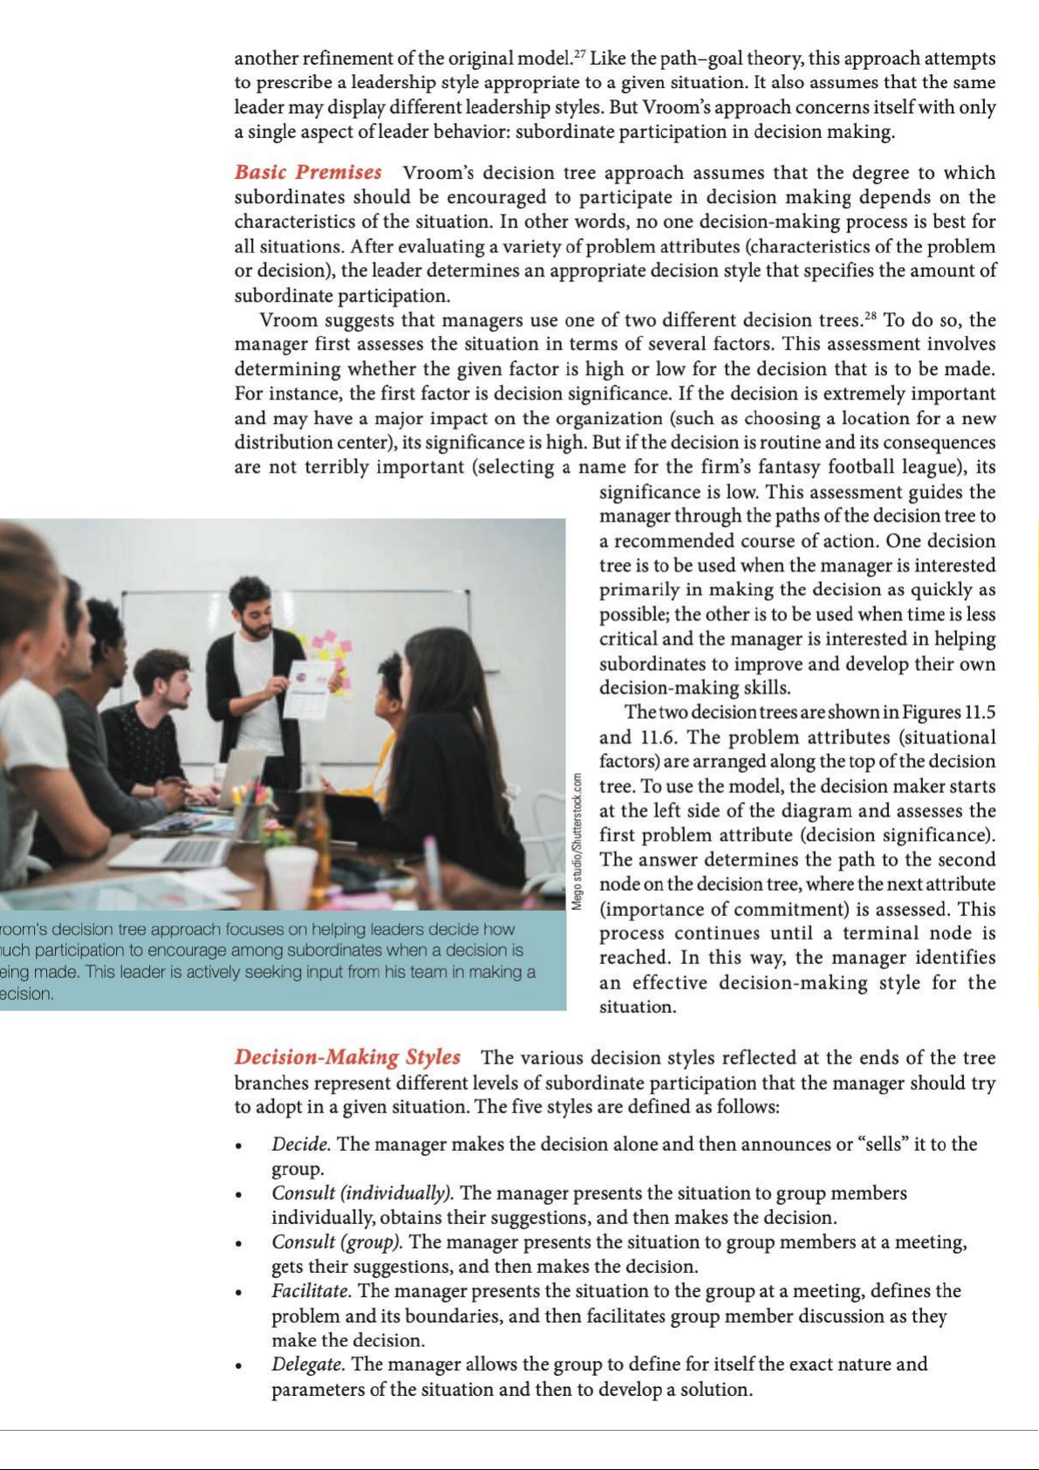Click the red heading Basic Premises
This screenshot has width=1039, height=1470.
pyautogui.click(x=308, y=173)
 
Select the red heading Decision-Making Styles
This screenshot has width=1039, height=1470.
pyautogui.click(x=347, y=1057)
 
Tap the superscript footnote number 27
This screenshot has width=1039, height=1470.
pyautogui.click(x=580, y=54)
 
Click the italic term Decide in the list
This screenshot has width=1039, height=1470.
pyautogui.click(x=300, y=1144)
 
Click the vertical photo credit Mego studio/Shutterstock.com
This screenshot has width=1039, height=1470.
pyautogui.click(x=577, y=841)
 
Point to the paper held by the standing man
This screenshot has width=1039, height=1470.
pyautogui.click(x=308, y=689)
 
